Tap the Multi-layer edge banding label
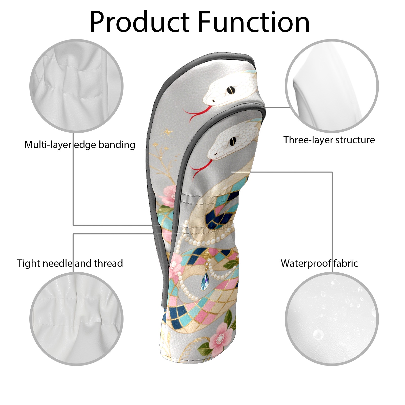(80, 145)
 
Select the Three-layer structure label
(329, 140)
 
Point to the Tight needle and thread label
(70, 264)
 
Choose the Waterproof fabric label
(319, 264)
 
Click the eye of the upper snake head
(230, 90)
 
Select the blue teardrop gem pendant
(205, 282)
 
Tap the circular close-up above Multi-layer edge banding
(76, 86)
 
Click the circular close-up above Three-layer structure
(332, 86)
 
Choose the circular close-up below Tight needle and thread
(76, 319)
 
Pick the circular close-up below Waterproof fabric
(332, 319)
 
